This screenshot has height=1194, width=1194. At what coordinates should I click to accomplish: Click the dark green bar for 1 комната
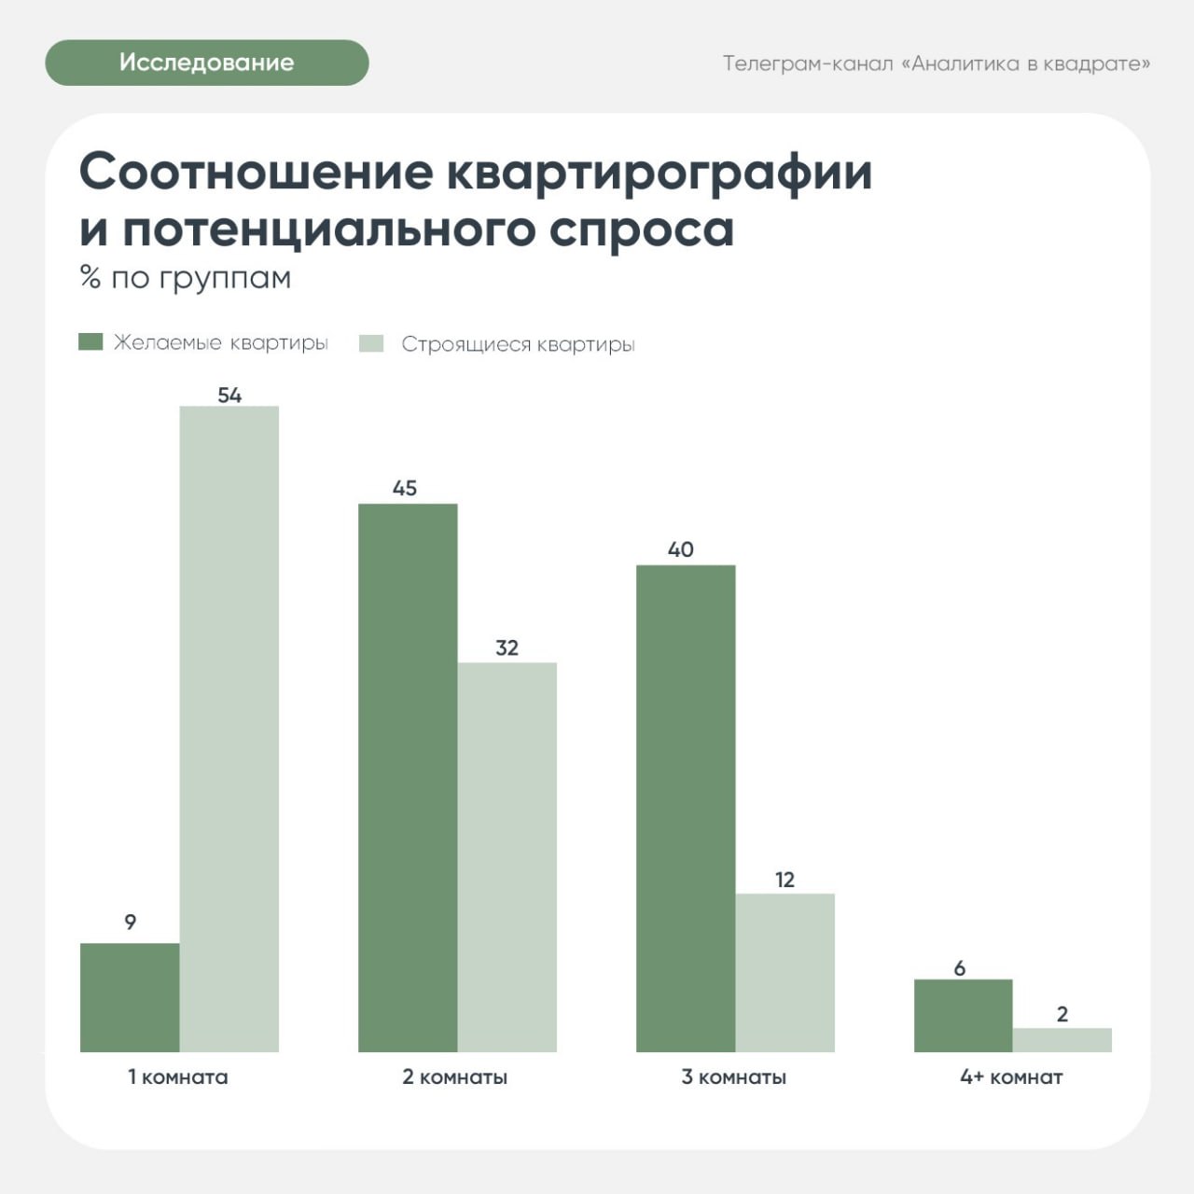pos(130,997)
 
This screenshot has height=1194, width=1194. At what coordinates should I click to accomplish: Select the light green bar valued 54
pos(229,729)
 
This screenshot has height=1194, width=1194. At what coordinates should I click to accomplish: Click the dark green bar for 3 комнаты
pos(686,808)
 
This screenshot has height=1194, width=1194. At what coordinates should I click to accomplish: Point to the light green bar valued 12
pos(785,972)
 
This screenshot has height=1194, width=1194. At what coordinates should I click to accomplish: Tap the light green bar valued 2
pos(1062,1039)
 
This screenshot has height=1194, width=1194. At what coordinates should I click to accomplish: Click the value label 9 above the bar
pos(131,923)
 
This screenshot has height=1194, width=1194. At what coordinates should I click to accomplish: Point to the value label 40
pos(681,549)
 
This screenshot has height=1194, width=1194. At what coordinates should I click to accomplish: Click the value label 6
pos(960,968)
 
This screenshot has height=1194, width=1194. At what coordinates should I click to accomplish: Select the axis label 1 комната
pos(178,1077)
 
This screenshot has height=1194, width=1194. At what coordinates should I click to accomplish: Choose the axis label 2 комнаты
pos(455,1077)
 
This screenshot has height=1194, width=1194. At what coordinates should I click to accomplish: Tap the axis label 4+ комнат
pos(1012,1077)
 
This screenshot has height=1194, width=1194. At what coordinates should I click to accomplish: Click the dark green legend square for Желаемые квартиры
pos(90,341)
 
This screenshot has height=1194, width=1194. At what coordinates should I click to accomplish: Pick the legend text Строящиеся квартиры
pos(518,344)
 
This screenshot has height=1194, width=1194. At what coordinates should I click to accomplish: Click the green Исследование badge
pos(206,62)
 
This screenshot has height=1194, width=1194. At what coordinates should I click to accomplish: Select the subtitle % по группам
pos(186,278)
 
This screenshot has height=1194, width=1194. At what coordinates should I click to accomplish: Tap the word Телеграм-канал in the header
pos(808,63)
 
